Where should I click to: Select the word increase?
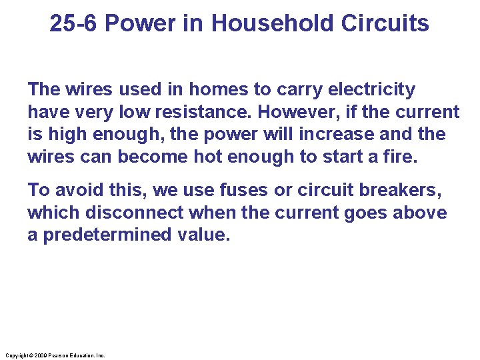(337, 134)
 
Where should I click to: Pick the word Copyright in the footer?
(16, 355)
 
